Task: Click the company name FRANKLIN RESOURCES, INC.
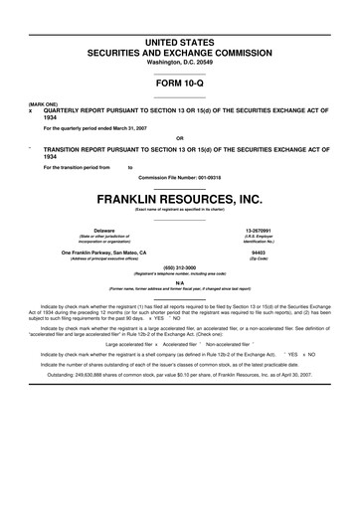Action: tap(179, 200)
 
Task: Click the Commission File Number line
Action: tap(179, 176)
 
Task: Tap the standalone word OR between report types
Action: tap(179, 138)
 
